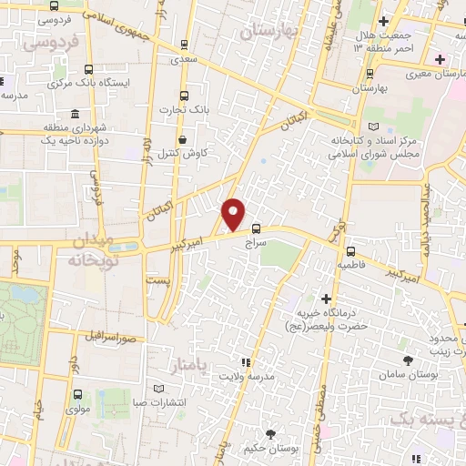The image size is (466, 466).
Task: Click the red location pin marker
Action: click(x=234, y=213)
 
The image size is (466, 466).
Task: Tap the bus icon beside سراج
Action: click(x=256, y=228)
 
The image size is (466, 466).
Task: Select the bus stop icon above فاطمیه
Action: click(x=350, y=249)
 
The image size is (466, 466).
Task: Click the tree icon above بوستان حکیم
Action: click(x=268, y=433)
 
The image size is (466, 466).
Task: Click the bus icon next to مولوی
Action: click(x=76, y=395)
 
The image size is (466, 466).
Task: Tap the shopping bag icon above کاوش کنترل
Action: click(x=184, y=140)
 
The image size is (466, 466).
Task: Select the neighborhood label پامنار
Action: click(x=190, y=365)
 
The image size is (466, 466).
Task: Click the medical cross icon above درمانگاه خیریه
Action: click(x=326, y=299)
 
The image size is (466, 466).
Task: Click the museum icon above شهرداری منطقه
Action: click(x=73, y=115)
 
